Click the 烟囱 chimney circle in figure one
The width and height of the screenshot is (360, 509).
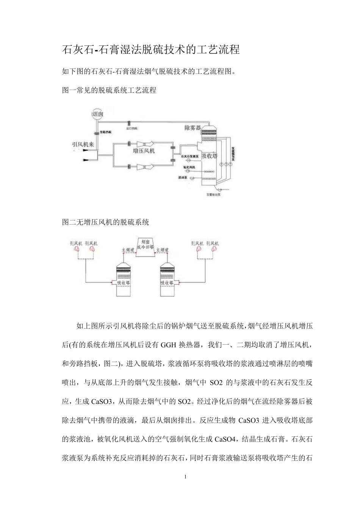point(98,114)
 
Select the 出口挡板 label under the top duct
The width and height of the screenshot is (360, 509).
point(131,128)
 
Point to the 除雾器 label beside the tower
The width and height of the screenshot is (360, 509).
point(193,128)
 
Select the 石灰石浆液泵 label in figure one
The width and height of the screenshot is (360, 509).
point(188,156)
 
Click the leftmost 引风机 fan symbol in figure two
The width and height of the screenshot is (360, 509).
point(77,249)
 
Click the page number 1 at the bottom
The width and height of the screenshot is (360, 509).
point(185,476)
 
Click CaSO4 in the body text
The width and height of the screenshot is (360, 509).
point(226,439)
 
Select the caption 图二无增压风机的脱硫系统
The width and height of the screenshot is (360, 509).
point(105,222)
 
